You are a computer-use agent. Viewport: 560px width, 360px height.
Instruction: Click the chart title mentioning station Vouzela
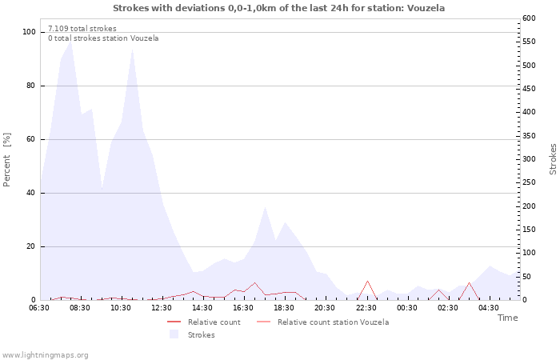(279, 8)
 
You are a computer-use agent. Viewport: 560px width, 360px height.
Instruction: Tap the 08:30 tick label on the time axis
(80, 308)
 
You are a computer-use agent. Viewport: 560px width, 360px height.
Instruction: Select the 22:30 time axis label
(366, 308)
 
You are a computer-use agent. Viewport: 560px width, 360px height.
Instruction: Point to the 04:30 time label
(489, 308)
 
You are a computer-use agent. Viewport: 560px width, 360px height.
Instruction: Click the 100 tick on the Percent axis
(29, 32)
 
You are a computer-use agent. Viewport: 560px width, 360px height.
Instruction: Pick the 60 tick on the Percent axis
(31, 139)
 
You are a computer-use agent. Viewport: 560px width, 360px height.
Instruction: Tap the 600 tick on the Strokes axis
(529, 18)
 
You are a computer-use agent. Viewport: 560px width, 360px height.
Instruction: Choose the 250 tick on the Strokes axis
(529, 182)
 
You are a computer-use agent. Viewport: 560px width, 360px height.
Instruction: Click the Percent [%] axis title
(6, 160)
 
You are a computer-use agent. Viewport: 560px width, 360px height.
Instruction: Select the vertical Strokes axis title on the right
(553, 159)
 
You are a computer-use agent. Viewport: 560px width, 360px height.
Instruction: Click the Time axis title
(507, 318)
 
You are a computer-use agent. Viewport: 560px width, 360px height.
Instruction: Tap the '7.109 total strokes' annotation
(82, 29)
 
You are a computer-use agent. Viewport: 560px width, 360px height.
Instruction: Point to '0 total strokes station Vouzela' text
(103, 38)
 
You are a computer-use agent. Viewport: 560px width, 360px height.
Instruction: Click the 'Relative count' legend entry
(204, 322)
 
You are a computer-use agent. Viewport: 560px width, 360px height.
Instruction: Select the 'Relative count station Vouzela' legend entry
(323, 322)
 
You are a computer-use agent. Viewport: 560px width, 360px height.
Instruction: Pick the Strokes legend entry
(192, 334)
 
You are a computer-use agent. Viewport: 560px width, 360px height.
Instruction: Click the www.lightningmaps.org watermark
(44, 355)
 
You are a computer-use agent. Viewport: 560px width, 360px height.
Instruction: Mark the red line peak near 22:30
(367, 281)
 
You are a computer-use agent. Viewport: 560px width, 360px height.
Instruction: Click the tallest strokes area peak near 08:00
(70, 42)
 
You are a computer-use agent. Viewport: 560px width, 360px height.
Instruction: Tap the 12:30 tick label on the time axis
(162, 308)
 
